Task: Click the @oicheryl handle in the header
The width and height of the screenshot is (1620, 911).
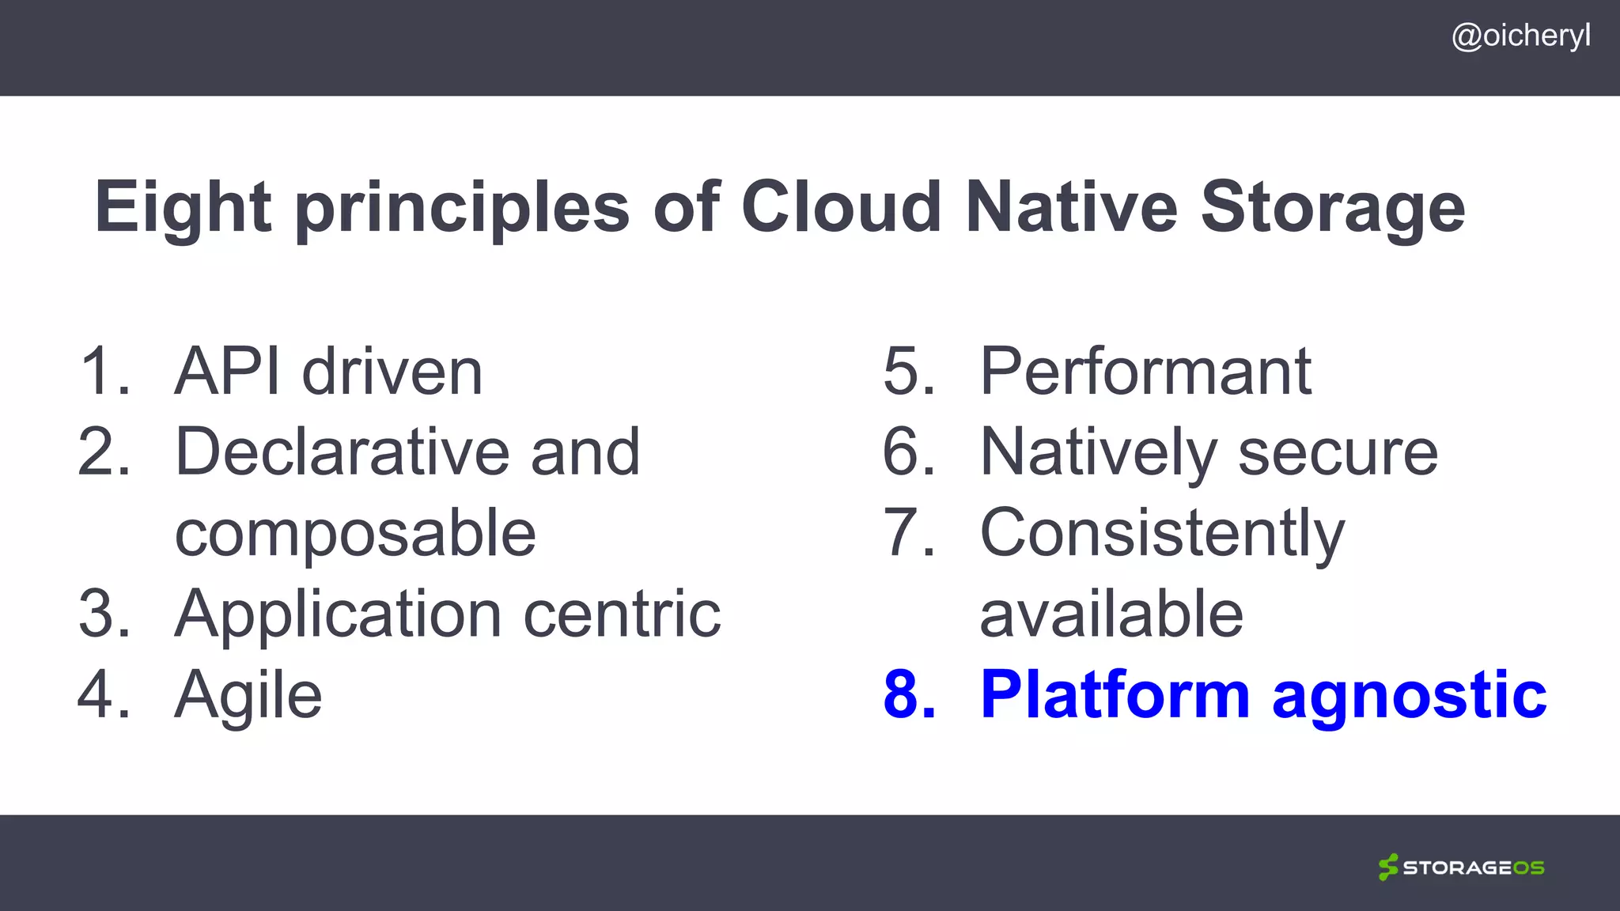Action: [x=1520, y=36]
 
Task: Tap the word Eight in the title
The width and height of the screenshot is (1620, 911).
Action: [x=183, y=207]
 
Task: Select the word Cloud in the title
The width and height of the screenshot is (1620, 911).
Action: [x=842, y=207]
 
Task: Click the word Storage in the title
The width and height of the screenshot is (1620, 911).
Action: [x=1333, y=207]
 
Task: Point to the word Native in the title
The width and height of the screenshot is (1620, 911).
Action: [x=1072, y=207]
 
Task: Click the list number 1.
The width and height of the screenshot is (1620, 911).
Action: [x=104, y=371]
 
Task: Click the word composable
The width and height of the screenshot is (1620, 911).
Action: [x=355, y=534]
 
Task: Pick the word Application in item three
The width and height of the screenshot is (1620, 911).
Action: [x=338, y=614]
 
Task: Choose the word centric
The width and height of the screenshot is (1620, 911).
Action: [x=623, y=614]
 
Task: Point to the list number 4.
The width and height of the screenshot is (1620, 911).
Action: [x=104, y=695]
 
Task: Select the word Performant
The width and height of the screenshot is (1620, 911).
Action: [x=1146, y=371]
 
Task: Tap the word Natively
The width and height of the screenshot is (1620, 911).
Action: [x=1098, y=453]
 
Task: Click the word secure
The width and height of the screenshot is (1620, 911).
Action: [x=1338, y=453]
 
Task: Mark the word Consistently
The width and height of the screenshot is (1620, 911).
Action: [x=1162, y=534]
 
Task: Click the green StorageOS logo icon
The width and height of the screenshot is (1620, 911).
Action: [x=1388, y=868]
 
